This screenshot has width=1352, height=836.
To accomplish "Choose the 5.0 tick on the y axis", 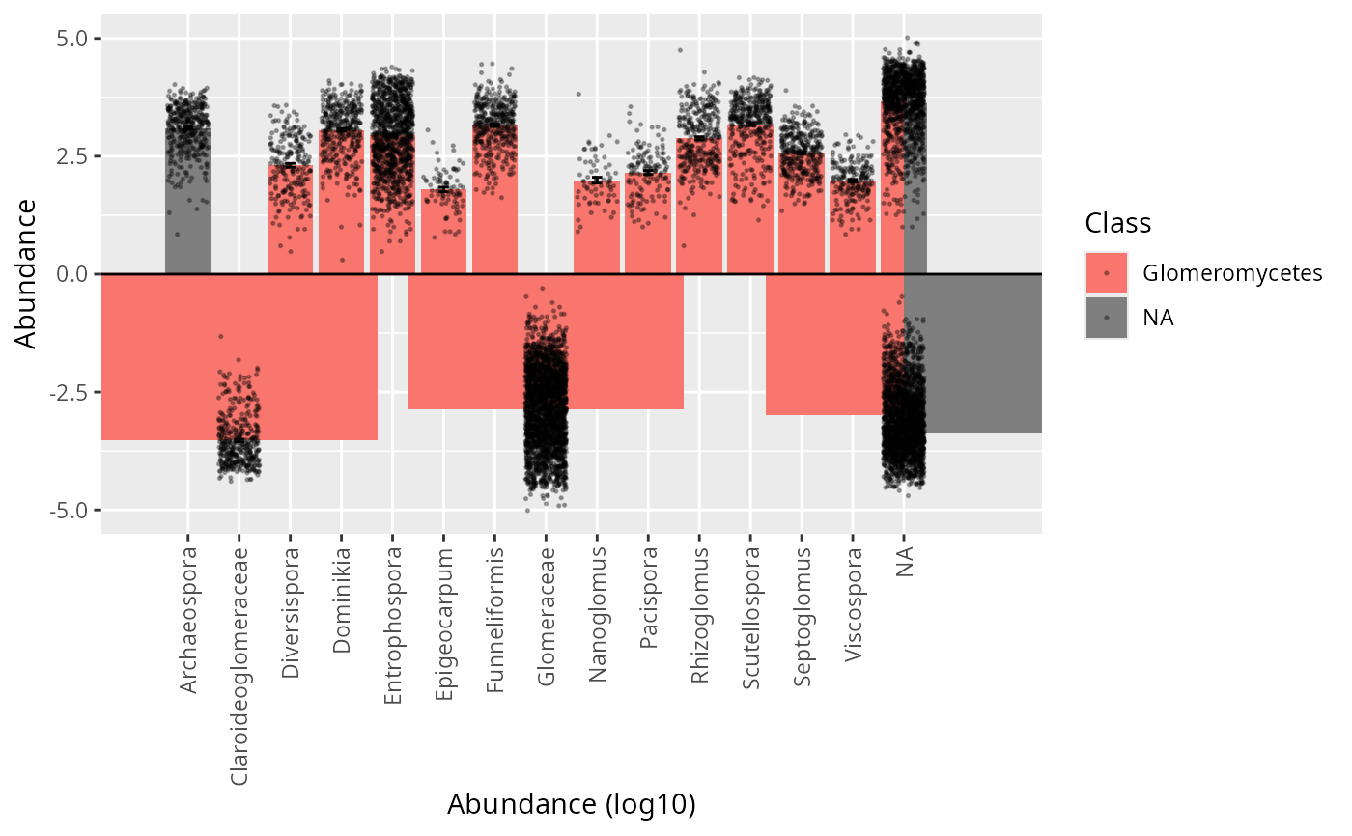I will click(71, 39).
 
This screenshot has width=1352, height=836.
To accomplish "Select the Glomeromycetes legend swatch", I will click(1107, 273).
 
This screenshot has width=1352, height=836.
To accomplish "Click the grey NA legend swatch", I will click(1107, 318).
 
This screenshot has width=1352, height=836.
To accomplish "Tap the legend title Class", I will click(1117, 224).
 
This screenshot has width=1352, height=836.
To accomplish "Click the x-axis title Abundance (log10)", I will click(572, 804).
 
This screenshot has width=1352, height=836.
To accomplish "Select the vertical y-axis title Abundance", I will click(26, 273).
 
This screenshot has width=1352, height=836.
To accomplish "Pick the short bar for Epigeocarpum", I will click(443, 241).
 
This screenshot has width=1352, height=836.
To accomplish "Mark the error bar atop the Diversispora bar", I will click(290, 165).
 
